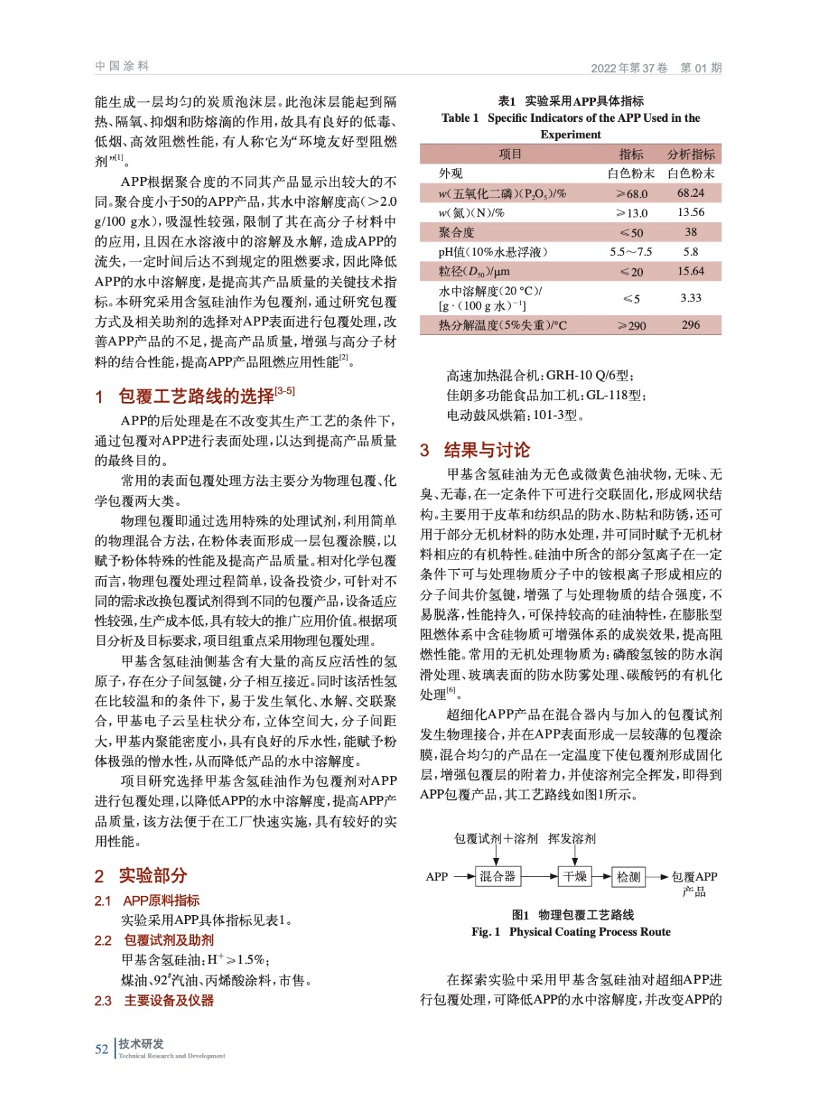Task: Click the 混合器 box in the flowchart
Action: tap(498, 876)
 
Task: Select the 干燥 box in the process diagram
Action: tap(575, 876)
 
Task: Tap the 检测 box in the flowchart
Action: tap(628, 876)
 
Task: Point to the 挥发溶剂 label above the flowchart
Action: tap(572, 838)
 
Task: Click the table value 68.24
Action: tap(690, 193)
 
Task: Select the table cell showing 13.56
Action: tap(690, 213)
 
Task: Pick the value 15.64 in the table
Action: tap(690, 271)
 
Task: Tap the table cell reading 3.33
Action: tap(690, 298)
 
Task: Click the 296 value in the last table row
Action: tap(690, 325)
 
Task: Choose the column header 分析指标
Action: tap(690, 154)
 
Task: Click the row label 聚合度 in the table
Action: tap(456, 233)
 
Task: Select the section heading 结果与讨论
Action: tap(487, 450)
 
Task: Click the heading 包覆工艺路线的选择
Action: tap(196, 396)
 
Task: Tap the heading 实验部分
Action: tap(153, 875)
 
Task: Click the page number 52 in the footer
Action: tap(102, 1049)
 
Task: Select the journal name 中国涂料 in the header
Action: tap(122, 66)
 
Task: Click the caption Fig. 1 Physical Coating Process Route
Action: tap(571, 932)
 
